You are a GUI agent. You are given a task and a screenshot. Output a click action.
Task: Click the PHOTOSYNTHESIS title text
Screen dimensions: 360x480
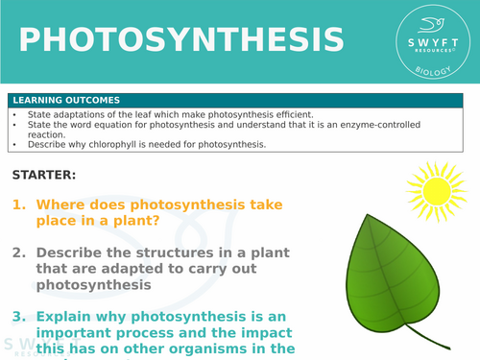coord(181,40)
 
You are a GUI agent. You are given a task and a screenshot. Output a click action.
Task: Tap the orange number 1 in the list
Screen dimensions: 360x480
coord(18,204)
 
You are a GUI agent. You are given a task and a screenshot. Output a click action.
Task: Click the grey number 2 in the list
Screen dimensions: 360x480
coord(18,252)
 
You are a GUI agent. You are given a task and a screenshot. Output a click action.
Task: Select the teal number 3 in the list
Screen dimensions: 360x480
coord(18,316)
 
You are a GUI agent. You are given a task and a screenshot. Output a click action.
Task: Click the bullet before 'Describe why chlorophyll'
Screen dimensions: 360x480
coord(14,145)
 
